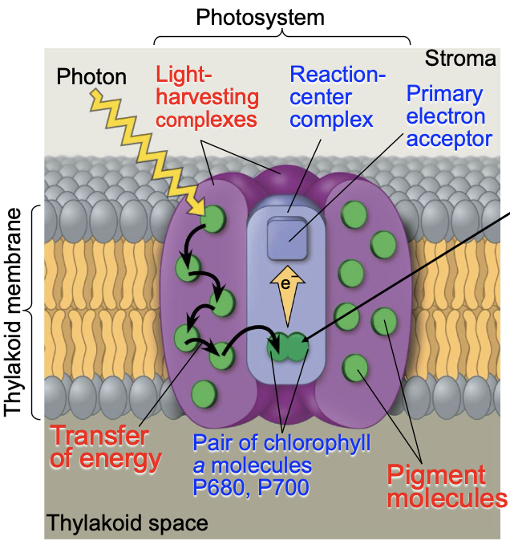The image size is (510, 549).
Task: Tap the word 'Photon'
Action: tap(92, 77)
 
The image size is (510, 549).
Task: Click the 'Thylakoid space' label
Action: tap(127, 524)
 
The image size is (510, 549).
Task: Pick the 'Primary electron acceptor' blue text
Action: tap(448, 116)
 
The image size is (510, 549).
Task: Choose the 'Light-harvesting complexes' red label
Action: tap(207, 97)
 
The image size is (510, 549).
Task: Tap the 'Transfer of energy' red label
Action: tap(99, 448)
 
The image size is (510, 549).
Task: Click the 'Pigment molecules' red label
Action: tap(447, 485)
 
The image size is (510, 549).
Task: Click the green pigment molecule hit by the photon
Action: tap(215, 218)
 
